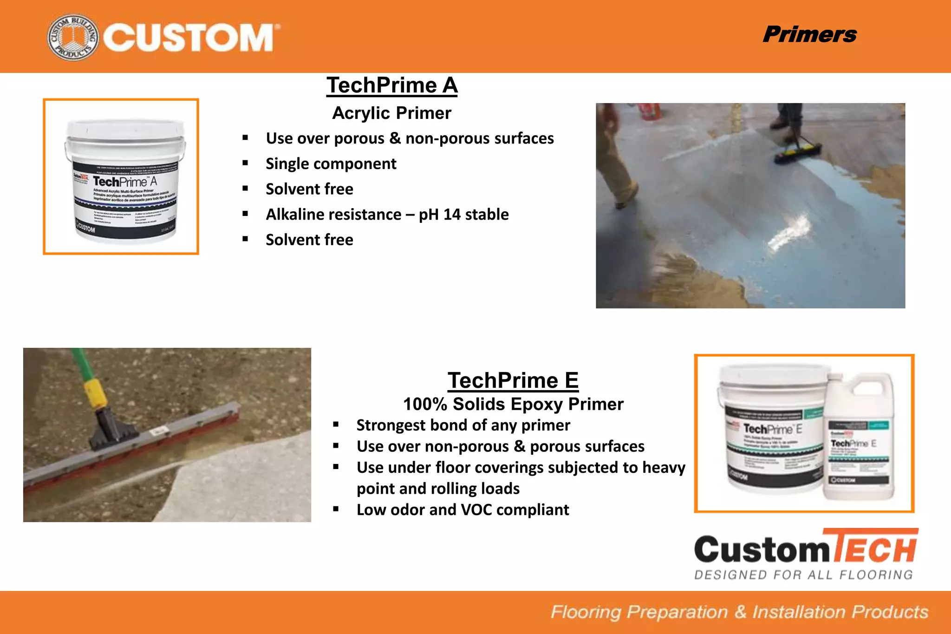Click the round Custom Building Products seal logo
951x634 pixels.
pyautogui.click(x=73, y=37)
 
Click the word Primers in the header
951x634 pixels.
pyautogui.click(x=809, y=34)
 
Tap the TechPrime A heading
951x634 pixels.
pyautogui.click(x=391, y=85)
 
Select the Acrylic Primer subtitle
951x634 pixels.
pyautogui.click(x=391, y=113)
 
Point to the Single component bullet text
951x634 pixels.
pyautogui.click(x=331, y=163)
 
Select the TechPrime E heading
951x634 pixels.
pyautogui.click(x=513, y=380)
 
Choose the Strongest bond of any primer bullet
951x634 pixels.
pyautogui.click(x=463, y=425)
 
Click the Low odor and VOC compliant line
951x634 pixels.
pyautogui.click(x=462, y=510)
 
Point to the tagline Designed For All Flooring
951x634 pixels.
pyautogui.click(x=803, y=575)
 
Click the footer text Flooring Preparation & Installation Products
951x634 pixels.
pyautogui.click(x=739, y=612)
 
